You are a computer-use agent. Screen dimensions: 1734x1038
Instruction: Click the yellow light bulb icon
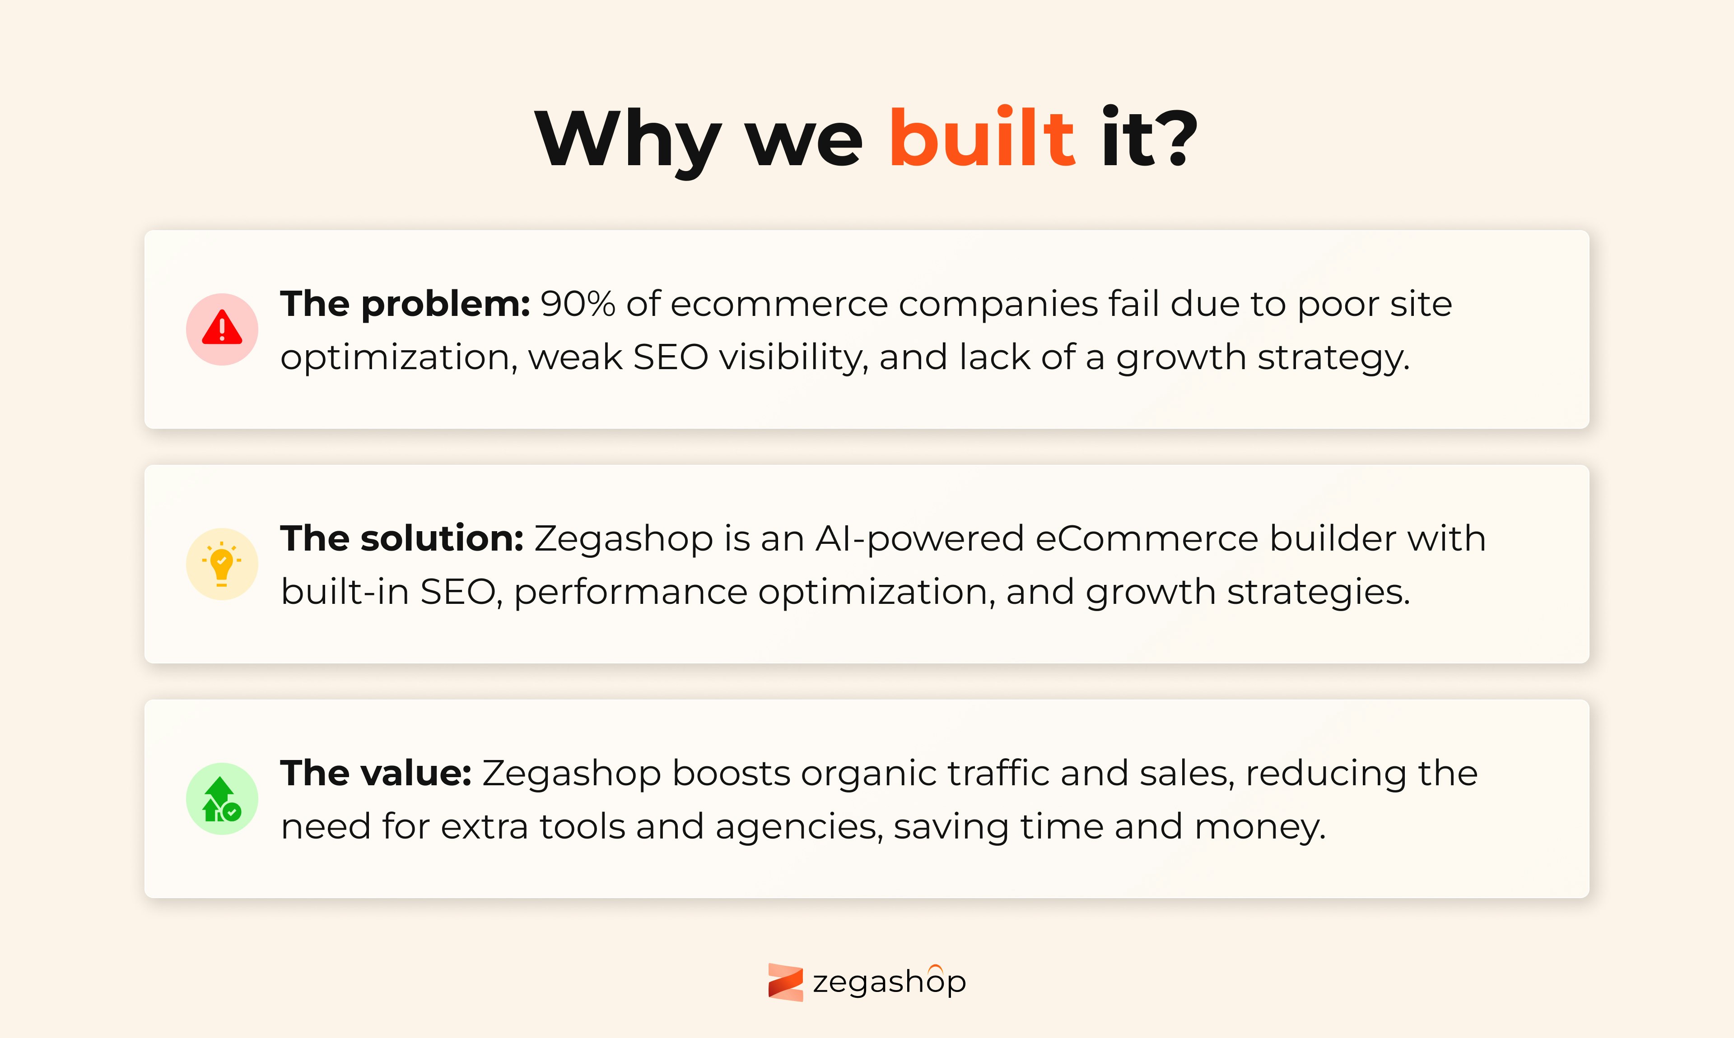[222, 564]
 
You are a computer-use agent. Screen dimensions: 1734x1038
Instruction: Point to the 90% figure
[578, 304]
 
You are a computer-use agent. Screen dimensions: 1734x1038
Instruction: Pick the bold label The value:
[376, 774]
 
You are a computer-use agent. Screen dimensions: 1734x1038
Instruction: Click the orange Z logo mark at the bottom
[785, 982]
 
